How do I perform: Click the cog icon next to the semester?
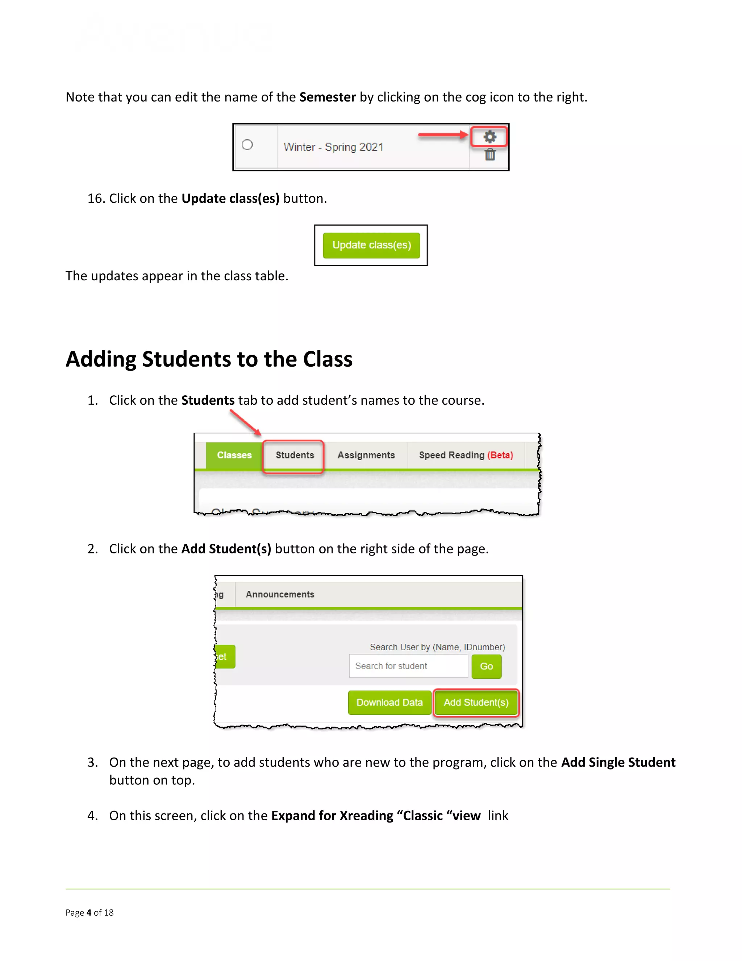(490, 137)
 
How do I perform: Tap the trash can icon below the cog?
(490, 155)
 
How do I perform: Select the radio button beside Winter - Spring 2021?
(247, 145)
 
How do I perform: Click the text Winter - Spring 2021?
(333, 147)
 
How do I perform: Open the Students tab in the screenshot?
(295, 455)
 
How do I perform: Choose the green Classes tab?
(234, 455)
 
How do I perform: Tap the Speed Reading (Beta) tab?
(466, 455)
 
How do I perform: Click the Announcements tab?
(280, 594)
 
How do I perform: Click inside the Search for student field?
(408, 666)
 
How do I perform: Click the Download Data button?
(389, 703)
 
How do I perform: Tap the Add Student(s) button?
(476, 703)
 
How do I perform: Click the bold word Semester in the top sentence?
(328, 97)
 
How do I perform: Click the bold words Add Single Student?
(618, 763)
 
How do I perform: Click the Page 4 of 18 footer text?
(90, 913)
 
